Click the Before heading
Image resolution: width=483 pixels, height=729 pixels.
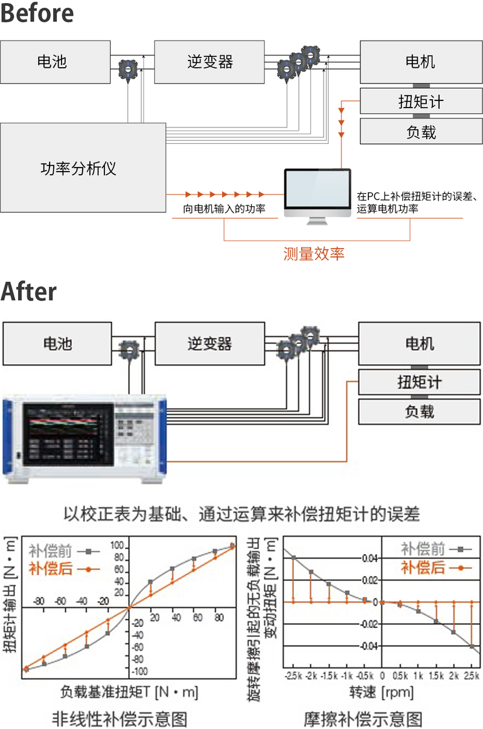pos(37,13)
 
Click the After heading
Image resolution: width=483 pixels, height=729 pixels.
pos(28,292)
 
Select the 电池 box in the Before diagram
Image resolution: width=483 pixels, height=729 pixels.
pos(55,62)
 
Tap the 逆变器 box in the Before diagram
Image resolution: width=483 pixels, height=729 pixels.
pos(209,62)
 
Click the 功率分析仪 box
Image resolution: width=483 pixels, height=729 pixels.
pos(83,167)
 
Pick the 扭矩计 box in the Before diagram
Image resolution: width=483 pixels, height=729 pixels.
pos(420,102)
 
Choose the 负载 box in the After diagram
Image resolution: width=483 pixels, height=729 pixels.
pos(420,412)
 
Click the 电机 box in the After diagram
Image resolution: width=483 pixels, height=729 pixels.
pos(420,344)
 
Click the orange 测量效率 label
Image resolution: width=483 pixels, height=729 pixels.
pos(314,253)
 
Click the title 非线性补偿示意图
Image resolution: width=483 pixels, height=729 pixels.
pos(120,719)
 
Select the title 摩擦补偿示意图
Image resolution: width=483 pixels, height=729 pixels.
pos(363,719)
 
